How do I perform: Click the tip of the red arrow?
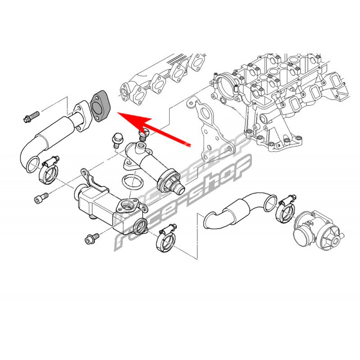(x=117, y=112)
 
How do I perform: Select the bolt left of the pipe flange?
(x=31, y=116)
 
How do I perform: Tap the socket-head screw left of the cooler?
(x=41, y=198)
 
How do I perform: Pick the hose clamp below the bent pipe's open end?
(x=49, y=170)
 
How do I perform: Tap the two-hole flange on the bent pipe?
(x=82, y=116)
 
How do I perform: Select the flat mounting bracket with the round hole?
(x=209, y=131)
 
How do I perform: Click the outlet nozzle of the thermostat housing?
(x=180, y=188)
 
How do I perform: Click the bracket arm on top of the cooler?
(x=94, y=180)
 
